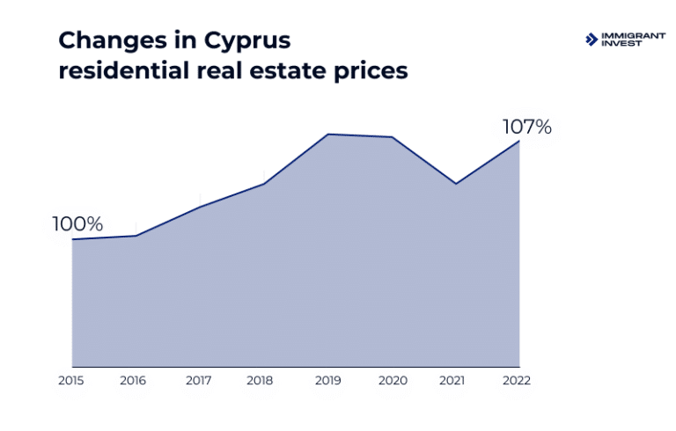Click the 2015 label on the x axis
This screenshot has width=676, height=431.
(70, 381)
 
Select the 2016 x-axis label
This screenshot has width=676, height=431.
(134, 381)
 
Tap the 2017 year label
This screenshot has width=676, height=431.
(199, 381)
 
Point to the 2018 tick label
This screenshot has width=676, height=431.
(261, 381)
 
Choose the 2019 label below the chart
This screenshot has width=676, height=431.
(328, 381)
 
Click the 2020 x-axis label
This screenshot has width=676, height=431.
(392, 381)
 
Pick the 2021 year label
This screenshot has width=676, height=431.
(453, 381)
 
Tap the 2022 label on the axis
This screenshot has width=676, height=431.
(517, 381)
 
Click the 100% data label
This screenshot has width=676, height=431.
(77, 224)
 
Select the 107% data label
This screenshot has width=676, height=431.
(526, 127)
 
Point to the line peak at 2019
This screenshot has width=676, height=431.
(327, 135)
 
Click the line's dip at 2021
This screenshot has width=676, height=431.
(455, 184)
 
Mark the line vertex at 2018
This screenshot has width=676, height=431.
(264, 184)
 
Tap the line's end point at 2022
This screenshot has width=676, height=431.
(519, 141)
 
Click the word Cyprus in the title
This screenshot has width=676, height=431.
(247, 41)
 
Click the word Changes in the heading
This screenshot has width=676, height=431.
(110, 40)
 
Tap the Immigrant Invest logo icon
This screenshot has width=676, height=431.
(591, 39)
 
